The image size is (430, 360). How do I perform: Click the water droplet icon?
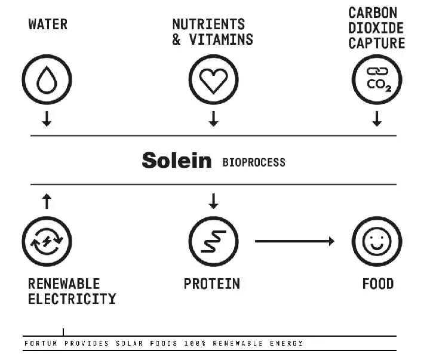tap(47, 79)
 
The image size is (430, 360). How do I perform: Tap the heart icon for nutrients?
tap(213, 79)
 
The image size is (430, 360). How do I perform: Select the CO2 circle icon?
tap(377, 79)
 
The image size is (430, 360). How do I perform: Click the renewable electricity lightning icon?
tap(47, 241)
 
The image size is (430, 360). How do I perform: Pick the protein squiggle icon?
tap(213, 241)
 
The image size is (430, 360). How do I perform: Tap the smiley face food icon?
tap(377, 241)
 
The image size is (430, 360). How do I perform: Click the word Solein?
tap(177, 161)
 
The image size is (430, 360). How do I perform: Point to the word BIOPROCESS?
tap(254, 162)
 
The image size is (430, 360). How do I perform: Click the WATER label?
tap(48, 24)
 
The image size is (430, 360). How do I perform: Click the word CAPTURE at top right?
tap(377, 43)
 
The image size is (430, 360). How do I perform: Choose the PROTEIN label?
tap(212, 283)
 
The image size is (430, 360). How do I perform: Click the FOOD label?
tap(378, 283)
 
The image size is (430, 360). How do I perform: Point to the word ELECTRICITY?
tap(72, 298)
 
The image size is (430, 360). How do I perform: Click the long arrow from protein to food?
tap(294, 241)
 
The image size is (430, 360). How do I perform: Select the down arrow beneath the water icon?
tap(47, 119)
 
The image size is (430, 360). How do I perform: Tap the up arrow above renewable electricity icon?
tap(47, 201)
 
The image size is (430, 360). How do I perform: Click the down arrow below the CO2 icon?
tap(377, 119)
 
